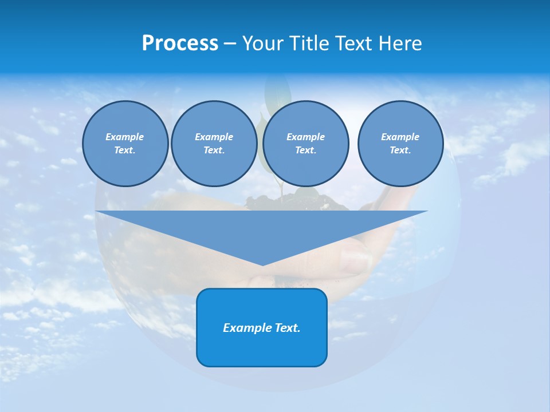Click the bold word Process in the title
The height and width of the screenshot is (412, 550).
180,43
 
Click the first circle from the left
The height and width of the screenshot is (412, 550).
125,144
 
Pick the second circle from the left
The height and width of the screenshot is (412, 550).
214,144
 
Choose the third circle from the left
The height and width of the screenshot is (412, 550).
306,144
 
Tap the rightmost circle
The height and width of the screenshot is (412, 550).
400,144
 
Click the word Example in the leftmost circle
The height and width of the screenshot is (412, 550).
125,137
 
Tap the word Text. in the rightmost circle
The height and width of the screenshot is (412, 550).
400,150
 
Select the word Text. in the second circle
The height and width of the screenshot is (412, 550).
214,150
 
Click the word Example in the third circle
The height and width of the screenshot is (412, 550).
306,137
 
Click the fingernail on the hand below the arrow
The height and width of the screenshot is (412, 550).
356,262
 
